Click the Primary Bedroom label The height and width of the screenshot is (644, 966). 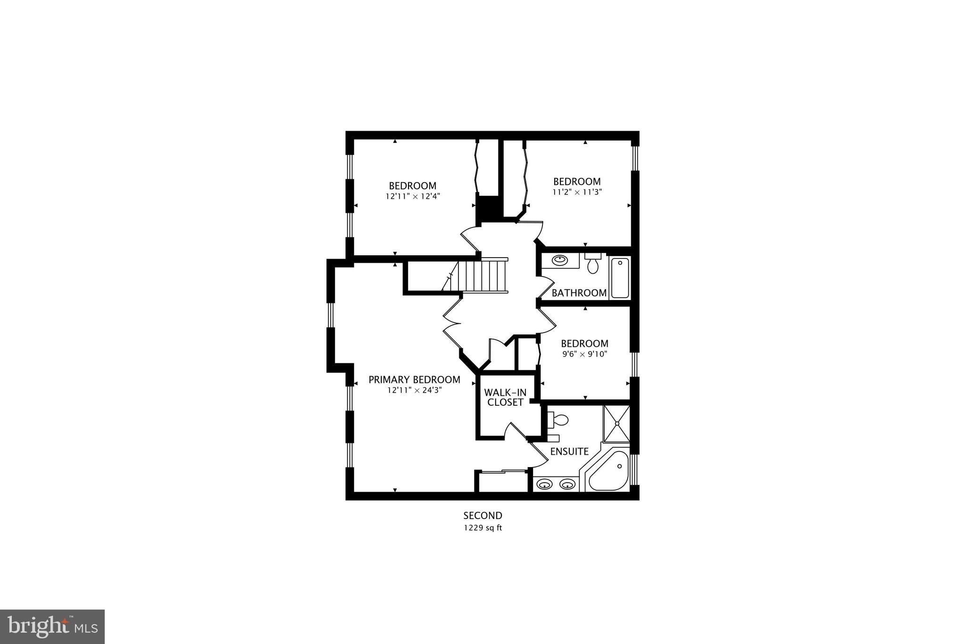414,380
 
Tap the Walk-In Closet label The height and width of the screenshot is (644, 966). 505,397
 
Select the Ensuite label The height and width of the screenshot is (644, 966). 569,452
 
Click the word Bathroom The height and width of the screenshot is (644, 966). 579,293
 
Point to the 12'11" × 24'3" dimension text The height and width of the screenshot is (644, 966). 414,391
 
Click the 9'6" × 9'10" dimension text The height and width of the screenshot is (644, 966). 584,354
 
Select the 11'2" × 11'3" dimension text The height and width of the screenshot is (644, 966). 577,192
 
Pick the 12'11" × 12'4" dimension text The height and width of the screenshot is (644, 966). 412,196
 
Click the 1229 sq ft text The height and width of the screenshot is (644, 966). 483,528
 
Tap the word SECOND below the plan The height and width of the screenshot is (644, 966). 483,516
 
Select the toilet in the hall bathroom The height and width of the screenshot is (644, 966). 592,265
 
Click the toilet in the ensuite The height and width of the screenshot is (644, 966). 558,419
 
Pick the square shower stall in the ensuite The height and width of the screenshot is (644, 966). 616,424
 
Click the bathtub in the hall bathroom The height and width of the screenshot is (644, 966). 620,278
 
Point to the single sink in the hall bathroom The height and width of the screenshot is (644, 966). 560,259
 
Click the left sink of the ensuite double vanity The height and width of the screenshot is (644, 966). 545,484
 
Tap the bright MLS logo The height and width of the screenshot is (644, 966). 52,627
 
